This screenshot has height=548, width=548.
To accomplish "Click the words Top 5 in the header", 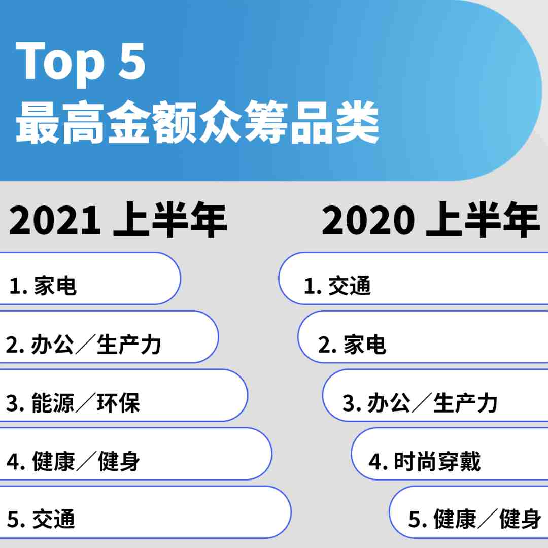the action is click(81, 63).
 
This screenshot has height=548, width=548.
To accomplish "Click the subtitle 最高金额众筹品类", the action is click(197, 122).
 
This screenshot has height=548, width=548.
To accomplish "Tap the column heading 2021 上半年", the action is click(118, 220).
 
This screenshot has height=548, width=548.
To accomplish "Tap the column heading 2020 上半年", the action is click(431, 220).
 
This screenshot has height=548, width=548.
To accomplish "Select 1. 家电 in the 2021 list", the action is click(43, 286).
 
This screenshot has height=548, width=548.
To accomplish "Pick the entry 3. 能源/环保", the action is click(73, 402).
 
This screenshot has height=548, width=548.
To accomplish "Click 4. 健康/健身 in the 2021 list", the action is click(73, 461).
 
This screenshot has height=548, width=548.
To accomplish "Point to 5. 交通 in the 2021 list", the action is click(41, 519).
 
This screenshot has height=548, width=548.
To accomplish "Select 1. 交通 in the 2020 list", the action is click(337, 286).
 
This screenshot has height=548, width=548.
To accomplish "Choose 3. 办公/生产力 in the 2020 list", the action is click(420, 402).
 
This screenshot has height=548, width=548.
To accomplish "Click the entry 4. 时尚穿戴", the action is click(425, 461).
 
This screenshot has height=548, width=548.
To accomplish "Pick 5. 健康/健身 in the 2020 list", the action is click(474, 519).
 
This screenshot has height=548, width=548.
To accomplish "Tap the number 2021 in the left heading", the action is click(55, 221).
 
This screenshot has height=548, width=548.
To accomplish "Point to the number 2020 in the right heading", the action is click(368, 221).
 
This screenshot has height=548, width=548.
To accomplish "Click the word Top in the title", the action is click(60, 63).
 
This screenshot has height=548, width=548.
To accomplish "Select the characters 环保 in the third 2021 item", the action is click(118, 402).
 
